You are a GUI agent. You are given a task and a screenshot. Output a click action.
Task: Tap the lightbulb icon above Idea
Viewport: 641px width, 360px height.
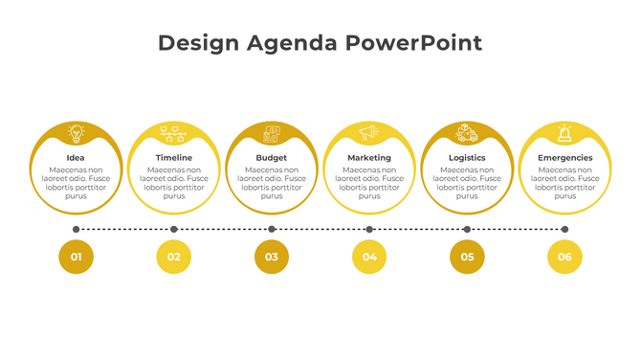[x=76, y=133]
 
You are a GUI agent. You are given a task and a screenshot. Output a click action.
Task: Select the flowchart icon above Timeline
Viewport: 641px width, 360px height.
[x=174, y=133]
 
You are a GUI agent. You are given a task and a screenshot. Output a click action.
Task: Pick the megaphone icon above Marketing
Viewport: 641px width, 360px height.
[x=369, y=133]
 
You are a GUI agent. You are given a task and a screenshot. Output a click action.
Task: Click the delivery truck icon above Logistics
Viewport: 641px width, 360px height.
[x=467, y=133]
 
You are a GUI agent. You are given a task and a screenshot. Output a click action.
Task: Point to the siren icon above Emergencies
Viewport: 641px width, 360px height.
[x=564, y=133]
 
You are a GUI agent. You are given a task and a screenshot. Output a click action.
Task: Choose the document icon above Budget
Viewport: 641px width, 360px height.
[x=272, y=133]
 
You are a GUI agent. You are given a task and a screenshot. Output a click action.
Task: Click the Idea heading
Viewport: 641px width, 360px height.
[x=76, y=158]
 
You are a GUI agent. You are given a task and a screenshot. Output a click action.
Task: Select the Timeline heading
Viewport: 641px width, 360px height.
[x=174, y=158]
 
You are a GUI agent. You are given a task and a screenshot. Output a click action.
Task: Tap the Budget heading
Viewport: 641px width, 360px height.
[x=272, y=158]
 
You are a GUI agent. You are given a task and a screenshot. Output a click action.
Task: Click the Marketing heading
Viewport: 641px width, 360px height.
[x=369, y=158]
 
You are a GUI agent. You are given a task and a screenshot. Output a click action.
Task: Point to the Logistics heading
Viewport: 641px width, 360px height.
[x=467, y=158]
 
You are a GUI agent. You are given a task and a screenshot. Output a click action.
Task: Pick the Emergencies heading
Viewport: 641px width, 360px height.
[x=564, y=158]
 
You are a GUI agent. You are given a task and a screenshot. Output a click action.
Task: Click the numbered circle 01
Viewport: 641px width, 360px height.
[x=77, y=257]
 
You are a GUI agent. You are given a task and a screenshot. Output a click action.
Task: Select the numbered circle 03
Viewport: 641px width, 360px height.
[x=272, y=257]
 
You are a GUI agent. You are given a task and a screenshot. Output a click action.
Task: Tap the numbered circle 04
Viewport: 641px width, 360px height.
[x=369, y=257]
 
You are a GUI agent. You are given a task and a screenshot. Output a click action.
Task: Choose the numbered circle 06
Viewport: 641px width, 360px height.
[x=564, y=257]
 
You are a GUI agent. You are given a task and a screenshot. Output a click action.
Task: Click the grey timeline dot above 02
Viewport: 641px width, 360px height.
[x=174, y=230]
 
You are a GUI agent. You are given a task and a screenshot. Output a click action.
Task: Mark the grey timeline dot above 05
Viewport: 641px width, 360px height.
[x=467, y=230]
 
